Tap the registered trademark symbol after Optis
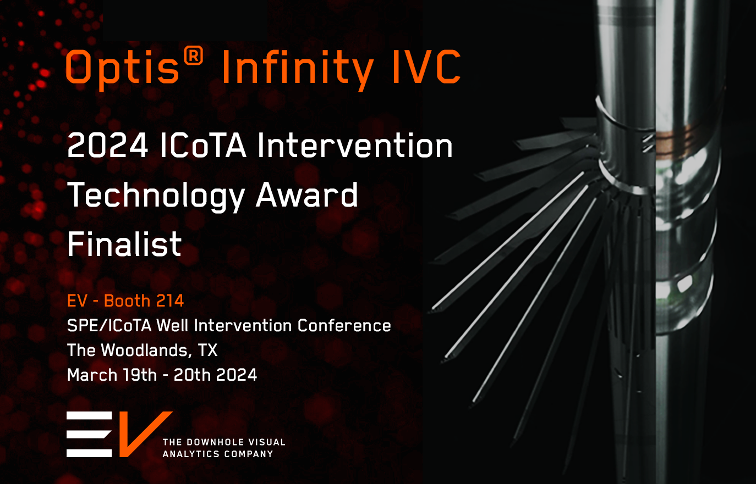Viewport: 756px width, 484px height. pyautogui.click(x=193, y=57)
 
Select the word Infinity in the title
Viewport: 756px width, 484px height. pyautogui.click(x=297, y=69)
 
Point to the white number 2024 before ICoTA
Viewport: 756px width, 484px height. pyautogui.click(x=108, y=146)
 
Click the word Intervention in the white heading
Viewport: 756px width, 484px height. pyautogui.click(x=355, y=146)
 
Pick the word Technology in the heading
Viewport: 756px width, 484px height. pyautogui.click(x=156, y=196)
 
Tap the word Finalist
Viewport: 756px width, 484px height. pyautogui.click(x=124, y=244)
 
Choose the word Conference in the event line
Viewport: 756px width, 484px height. pyautogui.click(x=344, y=326)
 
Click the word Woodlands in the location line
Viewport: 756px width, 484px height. pyautogui.click(x=146, y=351)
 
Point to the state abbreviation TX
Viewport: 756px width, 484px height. pyautogui.click(x=207, y=351)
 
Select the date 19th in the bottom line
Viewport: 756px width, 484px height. pyautogui.click(x=140, y=375)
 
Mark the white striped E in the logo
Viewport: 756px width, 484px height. pyautogui.click(x=89, y=434)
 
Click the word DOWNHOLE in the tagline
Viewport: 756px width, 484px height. pyautogui.click(x=209, y=442)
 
